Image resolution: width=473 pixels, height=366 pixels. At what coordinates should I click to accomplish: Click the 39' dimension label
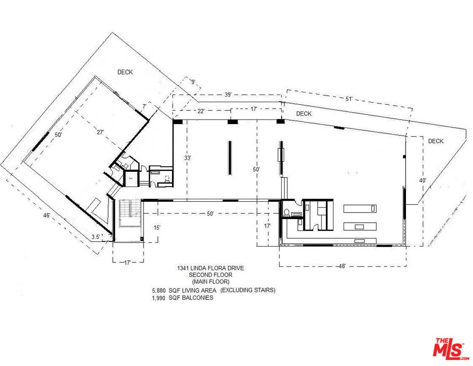[228, 95]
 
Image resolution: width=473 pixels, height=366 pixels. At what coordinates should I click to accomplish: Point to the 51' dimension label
[349, 99]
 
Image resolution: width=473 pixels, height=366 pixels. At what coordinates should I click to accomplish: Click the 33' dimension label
[187, 158]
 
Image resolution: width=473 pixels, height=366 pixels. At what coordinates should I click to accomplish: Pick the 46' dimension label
[47, 216]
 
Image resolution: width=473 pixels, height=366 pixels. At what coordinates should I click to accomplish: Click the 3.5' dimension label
[96, 236]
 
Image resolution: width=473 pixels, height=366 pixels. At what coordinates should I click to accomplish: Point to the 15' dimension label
[157, 227]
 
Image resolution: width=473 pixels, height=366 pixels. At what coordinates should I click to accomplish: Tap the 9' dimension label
[193, 81]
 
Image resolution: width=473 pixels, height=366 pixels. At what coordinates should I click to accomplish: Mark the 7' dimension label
[144, 106]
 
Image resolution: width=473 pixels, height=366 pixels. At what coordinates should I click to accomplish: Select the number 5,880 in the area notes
[159, 290]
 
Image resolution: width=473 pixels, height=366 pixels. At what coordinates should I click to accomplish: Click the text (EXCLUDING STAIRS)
[248, 290]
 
